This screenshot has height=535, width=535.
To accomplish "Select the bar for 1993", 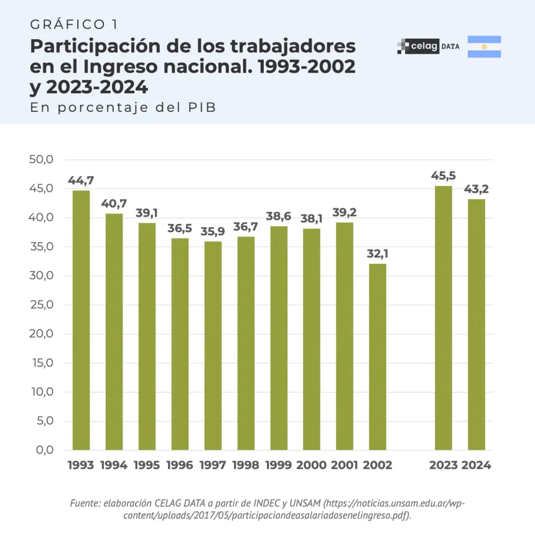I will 81,320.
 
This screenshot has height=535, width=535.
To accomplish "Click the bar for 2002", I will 378,356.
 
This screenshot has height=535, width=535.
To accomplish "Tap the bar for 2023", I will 444,317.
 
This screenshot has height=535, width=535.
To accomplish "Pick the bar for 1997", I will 213,345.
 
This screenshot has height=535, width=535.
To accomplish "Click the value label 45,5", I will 444,176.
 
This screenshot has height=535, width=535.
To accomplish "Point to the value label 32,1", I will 378,254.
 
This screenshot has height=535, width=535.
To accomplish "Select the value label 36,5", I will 180,228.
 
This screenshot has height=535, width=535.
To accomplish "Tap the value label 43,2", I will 477,189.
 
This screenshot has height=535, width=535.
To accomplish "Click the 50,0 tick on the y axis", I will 42,160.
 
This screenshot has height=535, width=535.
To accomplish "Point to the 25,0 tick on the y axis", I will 42,305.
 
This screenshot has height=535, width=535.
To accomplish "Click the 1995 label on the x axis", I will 147,465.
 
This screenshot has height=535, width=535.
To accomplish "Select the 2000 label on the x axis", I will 312,465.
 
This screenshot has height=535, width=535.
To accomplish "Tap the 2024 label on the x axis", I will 477,465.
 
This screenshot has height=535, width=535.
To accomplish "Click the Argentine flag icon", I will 484,47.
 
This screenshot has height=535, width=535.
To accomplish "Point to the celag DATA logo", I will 428,47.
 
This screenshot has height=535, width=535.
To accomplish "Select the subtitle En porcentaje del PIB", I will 123,107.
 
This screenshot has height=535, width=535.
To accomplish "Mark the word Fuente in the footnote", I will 84,503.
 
